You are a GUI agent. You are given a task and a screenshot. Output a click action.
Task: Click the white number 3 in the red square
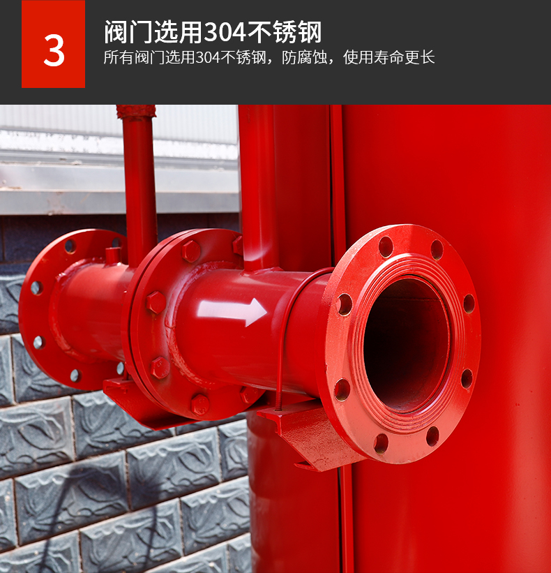point(54,50)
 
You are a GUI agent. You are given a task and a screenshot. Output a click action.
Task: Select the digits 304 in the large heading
point(225,32)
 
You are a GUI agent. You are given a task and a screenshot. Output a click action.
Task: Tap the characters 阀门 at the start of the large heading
point(128,32)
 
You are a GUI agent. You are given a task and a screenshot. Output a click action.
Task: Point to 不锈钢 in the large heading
point(284,32)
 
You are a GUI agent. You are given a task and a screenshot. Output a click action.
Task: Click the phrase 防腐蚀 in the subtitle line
point(304,57)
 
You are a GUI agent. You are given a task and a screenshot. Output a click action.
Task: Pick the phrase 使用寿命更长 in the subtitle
point(389,57)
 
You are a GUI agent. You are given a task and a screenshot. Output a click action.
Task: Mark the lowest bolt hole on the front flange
point(382,443)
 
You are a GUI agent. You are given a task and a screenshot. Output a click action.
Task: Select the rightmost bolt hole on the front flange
point(469,304)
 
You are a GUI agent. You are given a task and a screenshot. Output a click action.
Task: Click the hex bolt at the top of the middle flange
point(191,251)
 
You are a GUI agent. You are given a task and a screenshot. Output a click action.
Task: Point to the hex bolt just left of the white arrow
point(156,302)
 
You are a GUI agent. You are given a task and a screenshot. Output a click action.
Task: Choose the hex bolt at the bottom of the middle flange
point(200,405)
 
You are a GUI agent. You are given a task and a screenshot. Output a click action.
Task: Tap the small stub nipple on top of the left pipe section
point(112,255)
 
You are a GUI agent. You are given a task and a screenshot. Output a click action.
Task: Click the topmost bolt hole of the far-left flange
point(70,246)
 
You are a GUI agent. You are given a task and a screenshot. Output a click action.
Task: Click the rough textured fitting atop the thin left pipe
point(136,112)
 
